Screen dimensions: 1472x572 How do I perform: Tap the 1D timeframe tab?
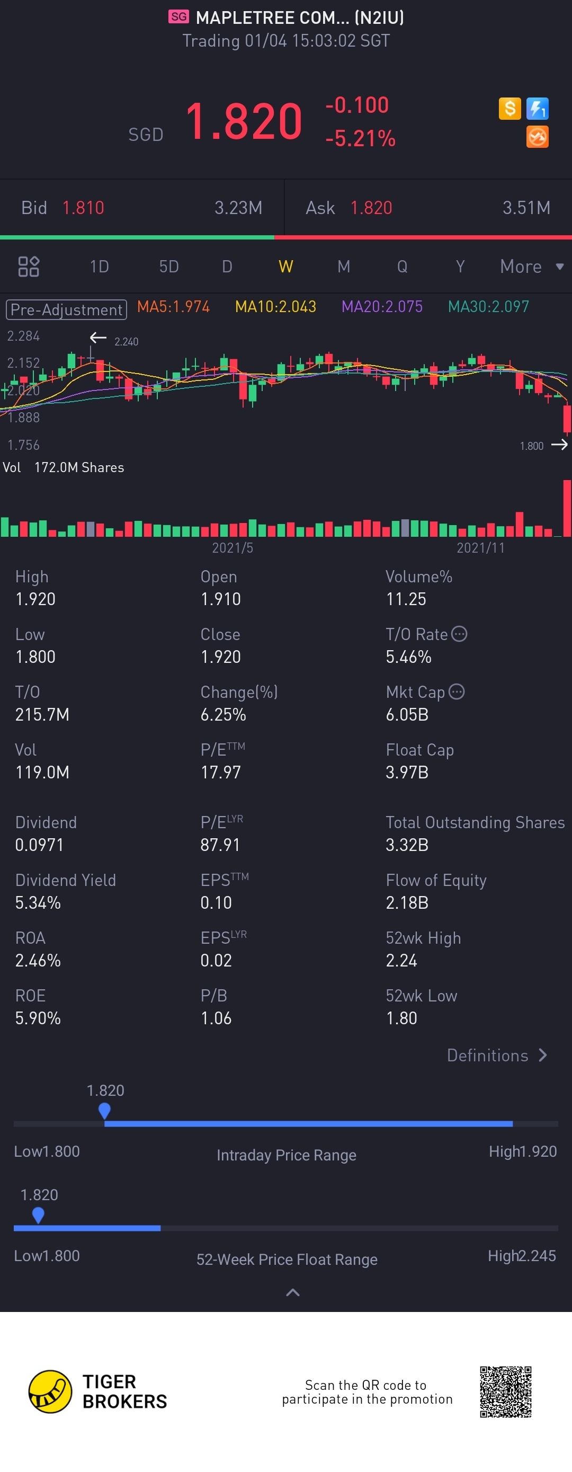point(99,267)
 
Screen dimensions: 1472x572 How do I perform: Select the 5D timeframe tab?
point(168,267)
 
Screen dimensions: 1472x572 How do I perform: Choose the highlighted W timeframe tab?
point(285,267)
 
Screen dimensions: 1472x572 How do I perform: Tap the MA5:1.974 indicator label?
point(173,307)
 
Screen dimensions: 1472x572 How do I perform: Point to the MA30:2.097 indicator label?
point(488,307)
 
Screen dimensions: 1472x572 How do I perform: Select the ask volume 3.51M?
point(526,207)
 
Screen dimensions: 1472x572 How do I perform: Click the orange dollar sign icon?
point(509,108)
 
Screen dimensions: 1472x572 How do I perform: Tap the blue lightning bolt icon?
point(537,108)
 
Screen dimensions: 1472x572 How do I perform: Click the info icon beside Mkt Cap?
point(457,691)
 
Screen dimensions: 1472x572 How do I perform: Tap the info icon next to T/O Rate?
point(459,634)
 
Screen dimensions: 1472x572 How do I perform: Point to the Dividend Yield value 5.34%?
point(38,902)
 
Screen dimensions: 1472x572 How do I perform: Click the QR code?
point(505,1391)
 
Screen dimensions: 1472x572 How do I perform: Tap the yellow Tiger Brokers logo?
point(50,1391)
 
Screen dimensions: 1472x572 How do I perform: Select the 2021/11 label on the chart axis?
point(480,548)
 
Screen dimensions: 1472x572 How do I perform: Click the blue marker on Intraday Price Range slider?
point(104,1110)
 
